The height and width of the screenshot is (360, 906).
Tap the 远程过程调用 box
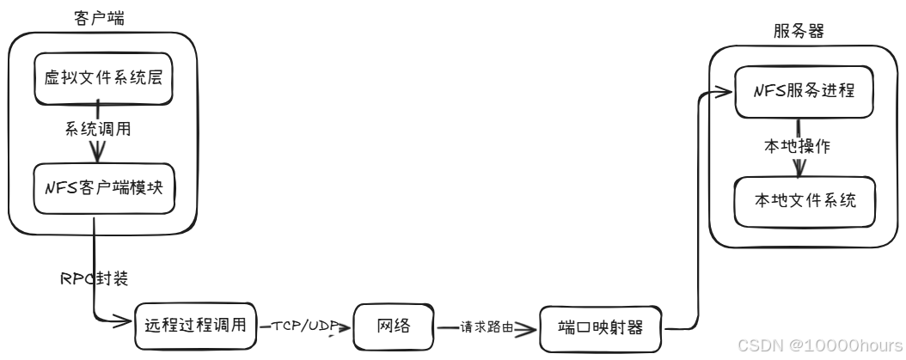pos(195,325)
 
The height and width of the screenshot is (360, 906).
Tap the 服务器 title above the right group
pos(799,32)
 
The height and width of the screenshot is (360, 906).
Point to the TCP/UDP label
pos(303,326)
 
